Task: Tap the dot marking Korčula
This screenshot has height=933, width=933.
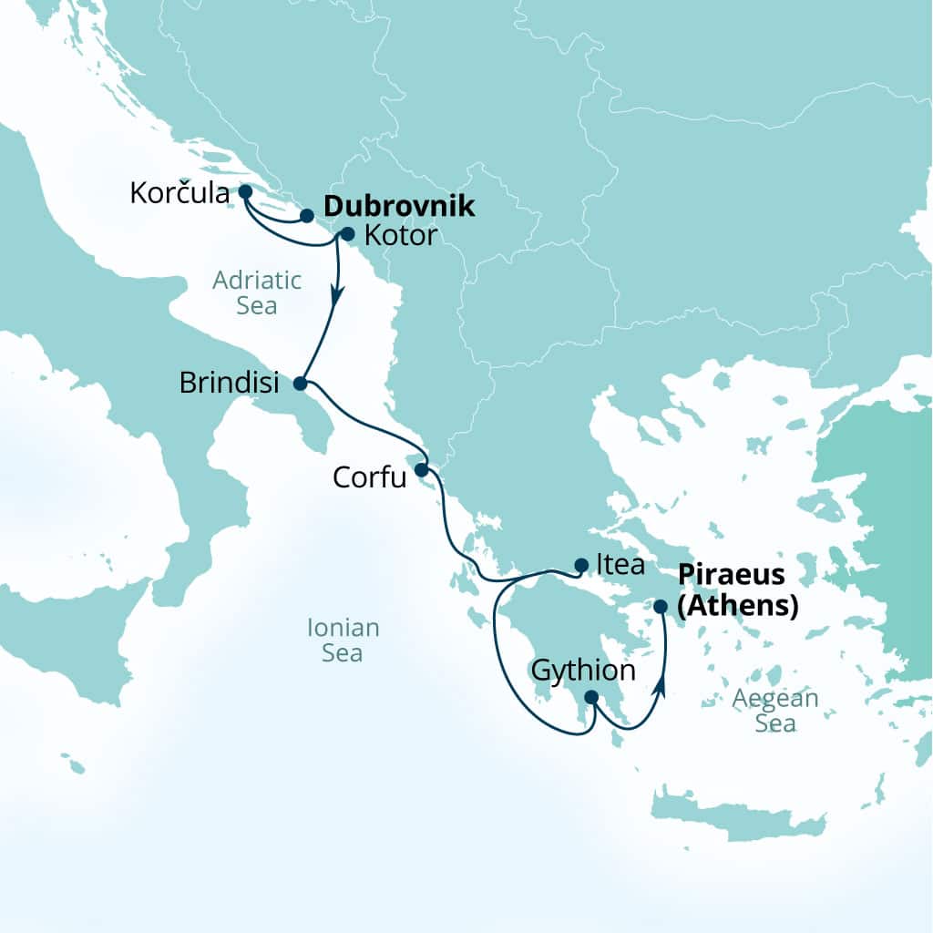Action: pos(244,191)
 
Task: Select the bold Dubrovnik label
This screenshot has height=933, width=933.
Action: pos(399,206)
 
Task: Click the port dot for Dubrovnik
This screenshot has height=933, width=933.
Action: pos(307,216)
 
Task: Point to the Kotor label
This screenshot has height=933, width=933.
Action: pos(401,236)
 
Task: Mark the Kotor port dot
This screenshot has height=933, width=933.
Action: pos(346,233)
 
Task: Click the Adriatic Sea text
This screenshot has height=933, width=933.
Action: pos(244,292)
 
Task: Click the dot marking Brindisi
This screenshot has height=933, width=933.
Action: pos(300,384)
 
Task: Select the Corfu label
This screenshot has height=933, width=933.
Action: pos(369,477)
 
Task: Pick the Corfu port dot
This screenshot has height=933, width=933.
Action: pos(421,470)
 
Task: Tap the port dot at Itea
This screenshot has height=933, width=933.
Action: pos(581,565)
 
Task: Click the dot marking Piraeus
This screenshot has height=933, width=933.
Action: pos(661,605)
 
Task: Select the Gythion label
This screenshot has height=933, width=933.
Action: pos(581,672)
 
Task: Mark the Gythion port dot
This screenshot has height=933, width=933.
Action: pos(590,698)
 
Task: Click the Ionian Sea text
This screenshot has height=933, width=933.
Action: pos(343,641)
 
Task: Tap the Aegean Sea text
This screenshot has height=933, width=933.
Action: pos(776,711)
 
